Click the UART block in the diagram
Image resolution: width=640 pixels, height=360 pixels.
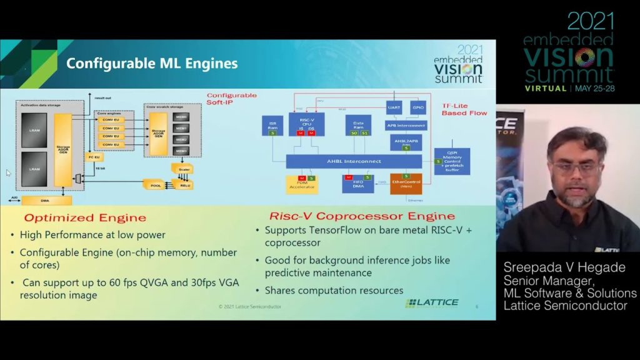click(393, 108)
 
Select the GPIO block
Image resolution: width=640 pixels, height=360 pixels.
click(418, 108)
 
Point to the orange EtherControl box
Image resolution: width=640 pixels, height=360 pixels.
click(406, 184)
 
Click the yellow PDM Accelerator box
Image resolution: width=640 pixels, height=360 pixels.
click(302, 184)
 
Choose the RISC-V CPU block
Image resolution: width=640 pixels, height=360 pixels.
click(306, 124)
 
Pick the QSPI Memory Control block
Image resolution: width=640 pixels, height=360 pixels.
click(452, 161)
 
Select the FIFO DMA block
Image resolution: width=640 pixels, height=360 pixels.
click(357, 184)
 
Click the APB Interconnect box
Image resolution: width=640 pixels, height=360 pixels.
click(406, 125)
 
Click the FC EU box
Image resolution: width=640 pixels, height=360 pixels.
click(94, 157)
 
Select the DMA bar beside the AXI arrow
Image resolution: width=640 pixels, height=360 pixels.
click(46, 200)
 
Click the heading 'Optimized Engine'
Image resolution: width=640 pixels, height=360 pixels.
click(85, 218)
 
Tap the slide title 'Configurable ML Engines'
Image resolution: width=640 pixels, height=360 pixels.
click(152, 63)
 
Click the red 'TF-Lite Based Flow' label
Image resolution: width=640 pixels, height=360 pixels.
click(463, 109)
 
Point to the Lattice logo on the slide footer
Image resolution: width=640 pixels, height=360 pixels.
click(432, 303)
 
